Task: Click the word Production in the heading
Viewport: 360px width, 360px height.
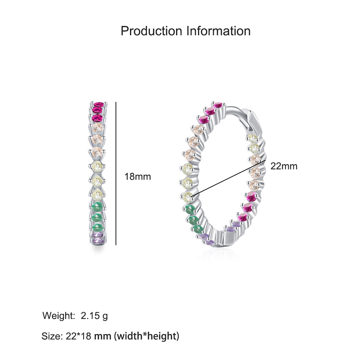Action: [151, 31]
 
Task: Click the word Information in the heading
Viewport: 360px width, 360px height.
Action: [219, 31]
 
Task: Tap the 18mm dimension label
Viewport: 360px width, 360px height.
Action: [138, 176]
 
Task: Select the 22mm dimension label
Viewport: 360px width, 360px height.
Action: [284, 166]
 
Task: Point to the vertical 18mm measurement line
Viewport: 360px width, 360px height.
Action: [116, 174]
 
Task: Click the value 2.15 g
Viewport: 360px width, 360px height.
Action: [94, 316]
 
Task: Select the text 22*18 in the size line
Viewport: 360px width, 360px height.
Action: [78, 336]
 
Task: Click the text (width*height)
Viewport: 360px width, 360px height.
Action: [147, 336]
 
